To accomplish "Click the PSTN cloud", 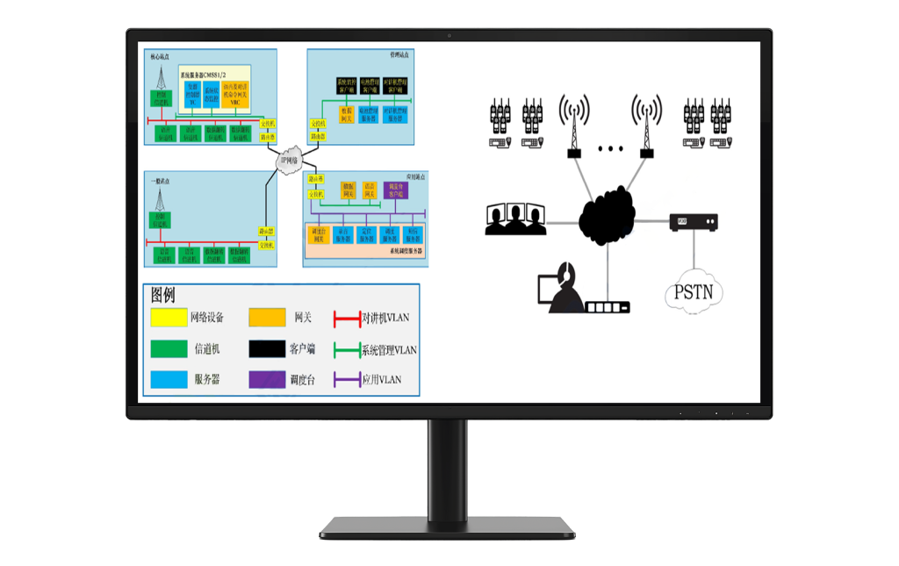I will [693, 293].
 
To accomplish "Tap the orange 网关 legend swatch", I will [267, 317].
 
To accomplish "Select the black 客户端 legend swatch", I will [267, 348].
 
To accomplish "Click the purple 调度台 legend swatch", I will [267, 379].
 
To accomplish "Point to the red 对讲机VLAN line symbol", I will [347, 317].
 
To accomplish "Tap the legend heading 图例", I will [163, 296].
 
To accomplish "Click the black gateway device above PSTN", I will [694, 223].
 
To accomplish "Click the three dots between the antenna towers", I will [609, 149].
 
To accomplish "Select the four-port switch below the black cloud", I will [608, 308].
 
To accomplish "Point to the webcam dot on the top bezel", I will [449, 35].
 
